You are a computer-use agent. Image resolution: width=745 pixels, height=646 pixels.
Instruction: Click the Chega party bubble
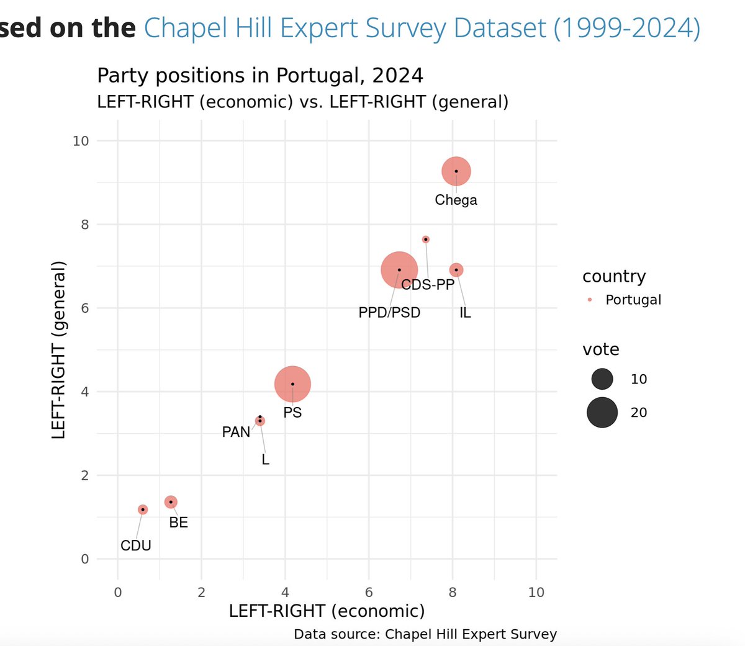[x=456, y=171]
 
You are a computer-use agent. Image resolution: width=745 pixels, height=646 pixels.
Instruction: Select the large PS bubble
[x=292, y=384]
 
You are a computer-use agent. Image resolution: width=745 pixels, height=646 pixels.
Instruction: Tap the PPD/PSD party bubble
[x=399, y=270]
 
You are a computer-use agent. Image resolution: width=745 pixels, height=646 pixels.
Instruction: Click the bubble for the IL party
[x=456, y=270]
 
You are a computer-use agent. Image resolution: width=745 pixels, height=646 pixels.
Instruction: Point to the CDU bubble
[x=143, y=509]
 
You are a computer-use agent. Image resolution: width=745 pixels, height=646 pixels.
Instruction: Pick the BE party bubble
[x=171, y=502]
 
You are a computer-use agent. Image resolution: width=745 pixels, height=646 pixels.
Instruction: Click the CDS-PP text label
[x=428, y=285]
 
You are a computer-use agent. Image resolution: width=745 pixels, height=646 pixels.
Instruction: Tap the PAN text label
[x=236, y=432]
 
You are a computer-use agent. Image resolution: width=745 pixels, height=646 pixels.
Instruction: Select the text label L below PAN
[x=266, y=460]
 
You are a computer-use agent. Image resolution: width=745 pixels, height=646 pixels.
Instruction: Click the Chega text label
[x=456, y=200]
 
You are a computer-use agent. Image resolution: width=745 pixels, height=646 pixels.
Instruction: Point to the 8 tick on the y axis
[x=85, y=225]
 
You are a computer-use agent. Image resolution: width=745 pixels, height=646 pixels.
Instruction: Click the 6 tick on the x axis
[x=369, y=592]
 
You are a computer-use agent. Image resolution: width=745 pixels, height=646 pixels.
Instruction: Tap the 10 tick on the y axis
[x=81, y=141]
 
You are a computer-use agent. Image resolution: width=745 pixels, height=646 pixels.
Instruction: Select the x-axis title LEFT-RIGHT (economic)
[x=327, y=611]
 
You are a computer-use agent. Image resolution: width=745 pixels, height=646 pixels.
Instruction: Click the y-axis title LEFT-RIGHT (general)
[x=58, y=349]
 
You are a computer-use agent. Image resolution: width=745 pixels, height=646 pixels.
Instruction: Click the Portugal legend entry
[x=633, y=300]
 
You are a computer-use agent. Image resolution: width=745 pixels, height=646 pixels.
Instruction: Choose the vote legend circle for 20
[x=602, y=413]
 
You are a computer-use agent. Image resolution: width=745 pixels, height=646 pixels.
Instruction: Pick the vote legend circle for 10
[x=602, y=379]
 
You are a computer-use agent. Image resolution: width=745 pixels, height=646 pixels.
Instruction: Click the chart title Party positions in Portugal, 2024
[x=260, y=76]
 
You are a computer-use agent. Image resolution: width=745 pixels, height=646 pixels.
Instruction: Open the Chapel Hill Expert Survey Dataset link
[x=422, y=28]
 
